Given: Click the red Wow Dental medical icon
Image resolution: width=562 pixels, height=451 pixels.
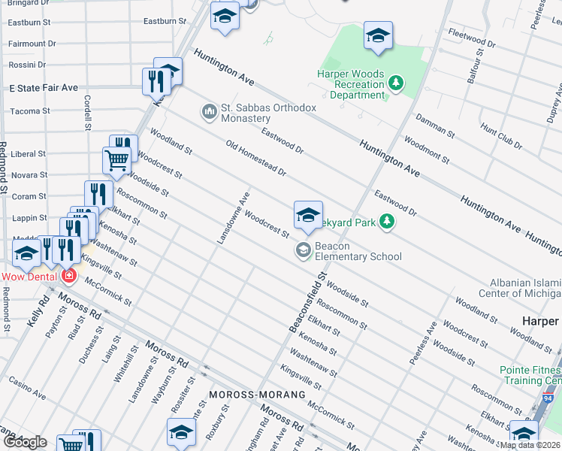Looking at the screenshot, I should pos(69,277).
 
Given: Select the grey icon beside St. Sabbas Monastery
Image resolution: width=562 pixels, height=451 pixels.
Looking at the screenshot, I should pos(209,113).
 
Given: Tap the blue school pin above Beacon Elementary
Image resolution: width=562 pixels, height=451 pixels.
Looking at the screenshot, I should pos(308,216).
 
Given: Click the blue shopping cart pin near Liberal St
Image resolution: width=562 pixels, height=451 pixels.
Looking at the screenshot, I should pos(116,160).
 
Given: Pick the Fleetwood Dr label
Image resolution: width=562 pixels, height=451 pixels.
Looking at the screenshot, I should pos(471,39).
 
